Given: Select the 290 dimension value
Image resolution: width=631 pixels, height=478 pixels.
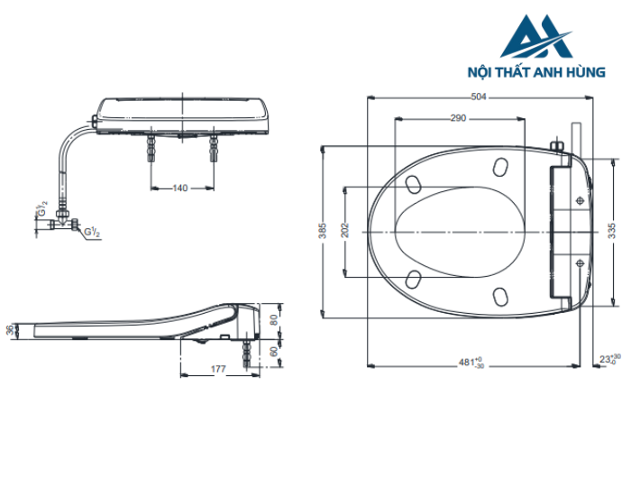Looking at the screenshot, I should point(459,118).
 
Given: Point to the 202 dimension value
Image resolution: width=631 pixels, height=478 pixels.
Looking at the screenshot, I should point(344,231).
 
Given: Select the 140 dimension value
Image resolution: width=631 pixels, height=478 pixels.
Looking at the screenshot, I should point(180,188).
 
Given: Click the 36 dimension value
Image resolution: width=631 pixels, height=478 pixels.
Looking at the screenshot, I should point(11,331).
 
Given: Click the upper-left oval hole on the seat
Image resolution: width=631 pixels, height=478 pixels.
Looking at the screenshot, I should point(416,183).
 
